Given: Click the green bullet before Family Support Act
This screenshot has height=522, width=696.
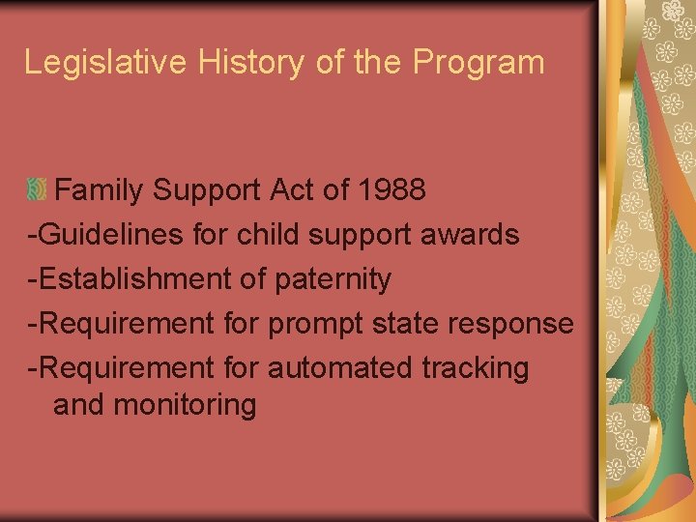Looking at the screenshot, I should (38, 189).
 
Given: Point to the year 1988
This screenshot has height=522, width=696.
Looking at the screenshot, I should (390, 189).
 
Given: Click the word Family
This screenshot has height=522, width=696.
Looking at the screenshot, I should (100, 189).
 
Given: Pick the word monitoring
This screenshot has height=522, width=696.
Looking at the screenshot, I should (185, 405).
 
